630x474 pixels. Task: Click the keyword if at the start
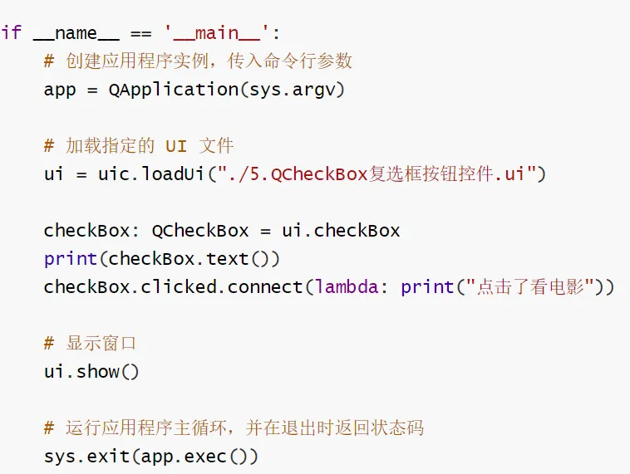[x=11, y=32]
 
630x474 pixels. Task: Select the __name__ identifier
[x=76, y=32]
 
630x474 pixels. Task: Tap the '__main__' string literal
[x=218, y=32]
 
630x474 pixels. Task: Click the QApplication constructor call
[x=173, y=90]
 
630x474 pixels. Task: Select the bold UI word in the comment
[x=175, y=146]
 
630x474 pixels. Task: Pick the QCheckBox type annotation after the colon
[x=194, y=231]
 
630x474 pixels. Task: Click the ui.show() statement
[x=91, y=372]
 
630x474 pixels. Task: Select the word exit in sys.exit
[x=108, y=457]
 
